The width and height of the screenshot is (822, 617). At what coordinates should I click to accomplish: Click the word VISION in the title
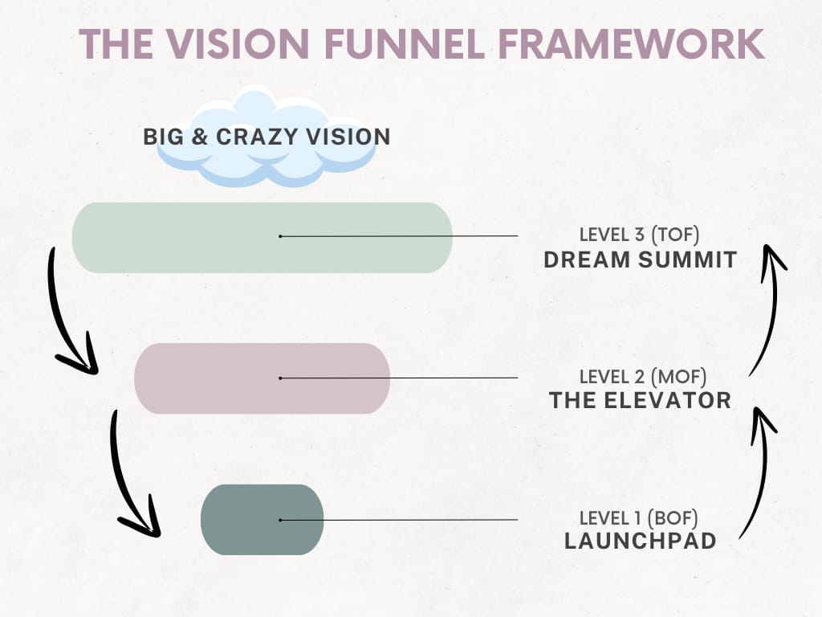click(x=238, y=43)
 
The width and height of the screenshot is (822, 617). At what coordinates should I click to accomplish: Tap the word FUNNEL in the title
click(x=405, y=43)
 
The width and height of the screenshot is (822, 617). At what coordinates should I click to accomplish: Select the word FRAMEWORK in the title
click(x=632, y=43)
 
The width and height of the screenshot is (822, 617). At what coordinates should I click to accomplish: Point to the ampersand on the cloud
click(x=200, y=137)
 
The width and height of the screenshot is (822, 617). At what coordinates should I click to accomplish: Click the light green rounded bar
click(x=262, y=237)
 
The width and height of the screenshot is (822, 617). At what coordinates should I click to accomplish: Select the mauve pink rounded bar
click(x=262, y=378)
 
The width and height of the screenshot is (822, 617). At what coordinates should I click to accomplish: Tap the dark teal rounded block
click(x=262, y=520)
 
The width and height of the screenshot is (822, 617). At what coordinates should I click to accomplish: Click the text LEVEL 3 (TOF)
click(x=639, y=235)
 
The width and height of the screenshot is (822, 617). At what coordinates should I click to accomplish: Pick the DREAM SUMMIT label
click(x=640, y=259)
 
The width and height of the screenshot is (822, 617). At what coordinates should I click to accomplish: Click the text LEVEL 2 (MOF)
click(x=643, y=377)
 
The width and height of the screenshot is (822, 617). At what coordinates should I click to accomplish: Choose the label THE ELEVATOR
click(x=640, y=400)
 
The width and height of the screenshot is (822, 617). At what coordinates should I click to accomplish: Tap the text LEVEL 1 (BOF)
click(x=638, y=518)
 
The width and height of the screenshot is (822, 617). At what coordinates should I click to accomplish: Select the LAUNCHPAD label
click(x=640, y=541)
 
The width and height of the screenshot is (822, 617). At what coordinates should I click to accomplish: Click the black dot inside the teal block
click(x=280, y=520)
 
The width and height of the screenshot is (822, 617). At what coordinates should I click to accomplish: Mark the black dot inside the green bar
click(x=280, y=237)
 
